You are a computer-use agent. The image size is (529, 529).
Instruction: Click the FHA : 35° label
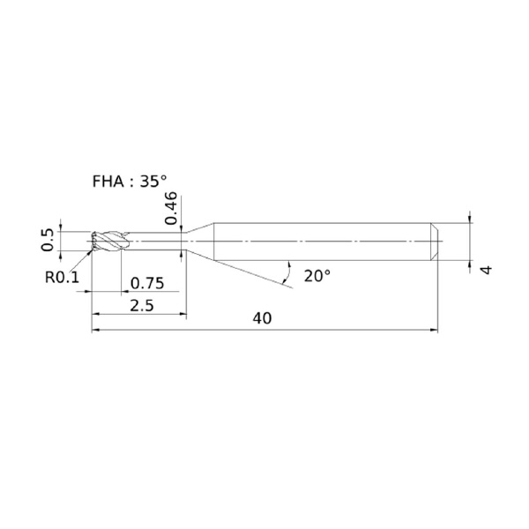click(130, 182)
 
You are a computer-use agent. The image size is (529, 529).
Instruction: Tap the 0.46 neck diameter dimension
click(171, 208)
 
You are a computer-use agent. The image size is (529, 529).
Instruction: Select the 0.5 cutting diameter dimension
click(48, 240)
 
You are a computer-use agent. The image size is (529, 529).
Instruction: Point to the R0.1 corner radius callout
click(62, 278)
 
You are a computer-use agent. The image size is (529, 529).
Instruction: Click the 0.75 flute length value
click(147, 283)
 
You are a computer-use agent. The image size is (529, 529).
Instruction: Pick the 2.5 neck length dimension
click(142, 306)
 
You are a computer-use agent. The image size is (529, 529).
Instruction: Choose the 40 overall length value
click(262, 318)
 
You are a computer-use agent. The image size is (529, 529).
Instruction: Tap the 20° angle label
click(317, 276)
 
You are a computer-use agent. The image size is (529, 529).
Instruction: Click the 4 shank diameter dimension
click(486, 270)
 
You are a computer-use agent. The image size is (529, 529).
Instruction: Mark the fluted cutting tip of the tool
click(108, 242)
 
